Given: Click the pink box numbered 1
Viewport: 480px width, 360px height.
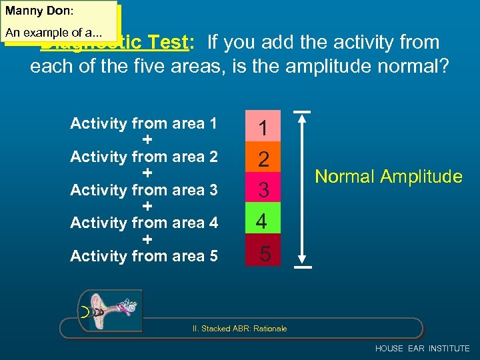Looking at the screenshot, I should tap(263, 127).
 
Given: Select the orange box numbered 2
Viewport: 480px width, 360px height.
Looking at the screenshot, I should tap(263, 159).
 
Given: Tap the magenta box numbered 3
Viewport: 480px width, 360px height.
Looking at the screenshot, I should tap(263, 191).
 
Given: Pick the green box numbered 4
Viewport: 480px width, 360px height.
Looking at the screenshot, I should tap(263, 222).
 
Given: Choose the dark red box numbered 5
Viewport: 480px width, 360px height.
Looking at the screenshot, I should tap(263, 253).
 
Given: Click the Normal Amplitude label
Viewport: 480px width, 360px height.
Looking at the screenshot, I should tap(388, 177).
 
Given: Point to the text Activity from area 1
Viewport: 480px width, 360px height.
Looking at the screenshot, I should tap(144, 123).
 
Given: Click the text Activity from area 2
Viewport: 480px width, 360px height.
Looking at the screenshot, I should tap(144, 157).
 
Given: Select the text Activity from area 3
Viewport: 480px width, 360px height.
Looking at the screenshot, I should tap(144, 190).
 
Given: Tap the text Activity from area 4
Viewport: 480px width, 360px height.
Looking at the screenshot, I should tap(144, 223).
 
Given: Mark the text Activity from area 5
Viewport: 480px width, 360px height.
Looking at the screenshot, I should tap(144, 256).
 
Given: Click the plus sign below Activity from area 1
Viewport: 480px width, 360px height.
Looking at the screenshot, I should tap(147, 140).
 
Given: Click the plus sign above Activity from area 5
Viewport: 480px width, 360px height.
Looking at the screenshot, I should tap(147, 239).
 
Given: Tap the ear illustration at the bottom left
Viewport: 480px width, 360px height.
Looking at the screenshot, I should tap(110, 310).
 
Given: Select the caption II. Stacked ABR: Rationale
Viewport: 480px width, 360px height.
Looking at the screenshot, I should tap(244, 329).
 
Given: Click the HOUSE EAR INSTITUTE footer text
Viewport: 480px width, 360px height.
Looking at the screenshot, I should tap(422, 349).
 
